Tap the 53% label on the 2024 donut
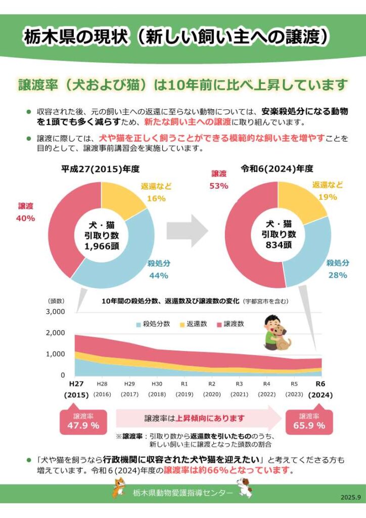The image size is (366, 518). [x=219, y=186]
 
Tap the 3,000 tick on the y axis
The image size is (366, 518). [x=56, y=312]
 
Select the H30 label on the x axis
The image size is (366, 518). [x=157, y=384]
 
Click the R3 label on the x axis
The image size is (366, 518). [x=240, y=384]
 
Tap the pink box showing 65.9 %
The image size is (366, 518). [x=309, y=421]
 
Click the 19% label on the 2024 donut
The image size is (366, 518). [x=328, y=197]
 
